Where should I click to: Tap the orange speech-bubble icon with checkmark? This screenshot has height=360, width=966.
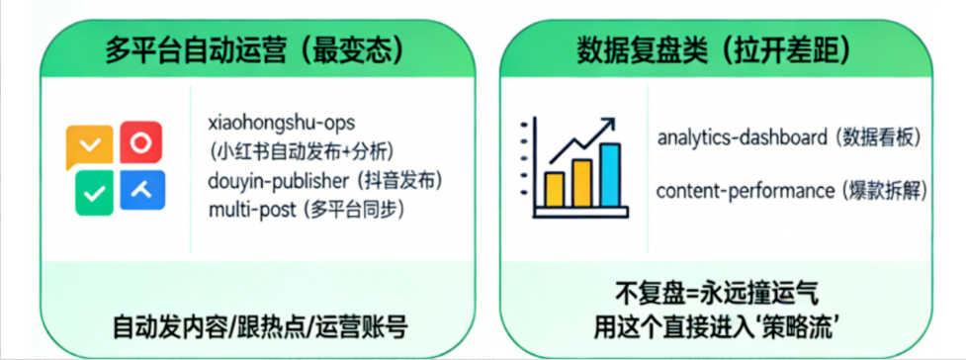89,146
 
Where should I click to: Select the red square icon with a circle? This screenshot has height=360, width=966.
141,142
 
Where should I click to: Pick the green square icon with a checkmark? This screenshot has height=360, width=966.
94,194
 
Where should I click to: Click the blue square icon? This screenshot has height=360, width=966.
142,190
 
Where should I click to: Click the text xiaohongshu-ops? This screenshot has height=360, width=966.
282,123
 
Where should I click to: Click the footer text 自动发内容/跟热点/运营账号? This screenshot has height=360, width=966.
259,326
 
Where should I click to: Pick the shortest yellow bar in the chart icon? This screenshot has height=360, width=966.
555,190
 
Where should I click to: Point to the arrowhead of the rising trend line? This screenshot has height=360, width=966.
606,126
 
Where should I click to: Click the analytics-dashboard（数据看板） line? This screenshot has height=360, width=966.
790,138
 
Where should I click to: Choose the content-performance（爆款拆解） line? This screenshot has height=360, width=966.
792,191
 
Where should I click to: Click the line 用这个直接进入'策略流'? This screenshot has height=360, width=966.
717,326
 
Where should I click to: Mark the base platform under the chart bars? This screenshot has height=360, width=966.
581,213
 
